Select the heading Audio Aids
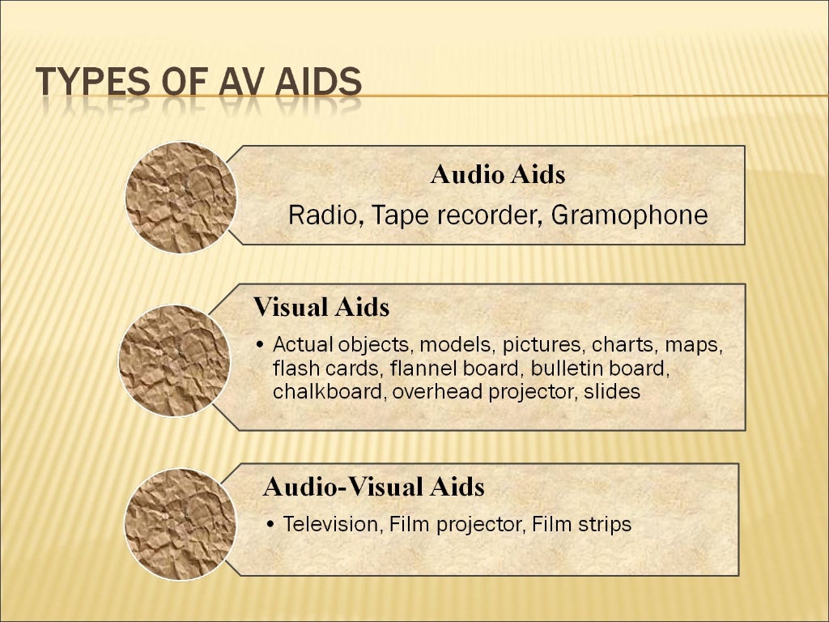tap(497, 175)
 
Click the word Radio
tap(317, 215)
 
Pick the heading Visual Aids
tap(321, 308)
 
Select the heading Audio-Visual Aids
tap(374, 487)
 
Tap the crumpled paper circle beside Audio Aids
tap(181, 198)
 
